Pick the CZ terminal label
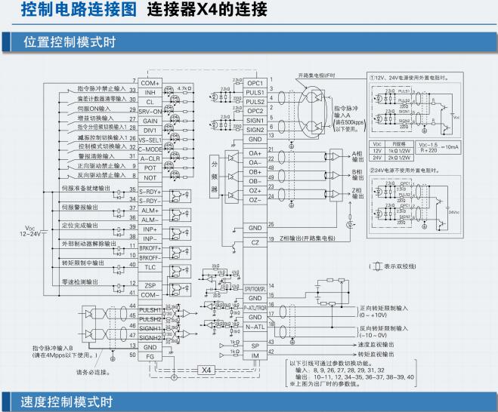pyautogui.click(x=255, y=242)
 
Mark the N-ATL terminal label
pyautogui.click(x=255, y=327)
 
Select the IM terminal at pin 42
pyautogui.click(x=255, y=354)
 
